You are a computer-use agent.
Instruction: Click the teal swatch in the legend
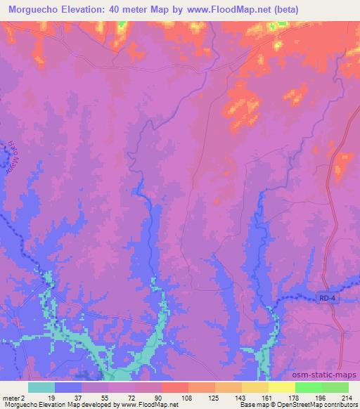click(x=41, y=387)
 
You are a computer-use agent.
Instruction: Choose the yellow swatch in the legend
click(x=281, y=387)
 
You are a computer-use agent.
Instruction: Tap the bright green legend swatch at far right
click(x=335, y=387)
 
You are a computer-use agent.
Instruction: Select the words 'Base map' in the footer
click(x=250, y=405)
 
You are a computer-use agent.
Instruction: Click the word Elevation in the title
click(x=86, y=10)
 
